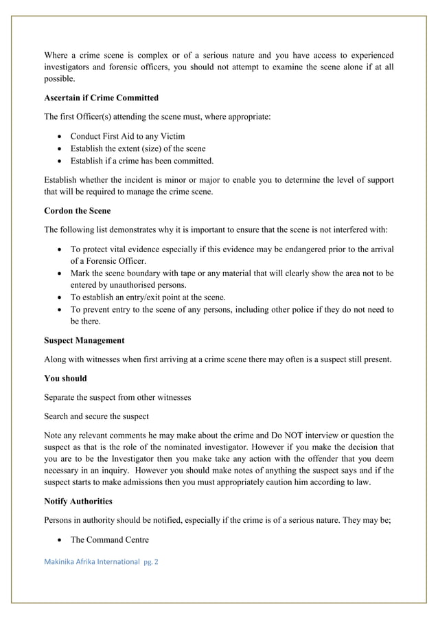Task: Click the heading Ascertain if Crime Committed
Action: click(x=101, y=98)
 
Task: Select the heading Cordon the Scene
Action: click(x=77, y=211)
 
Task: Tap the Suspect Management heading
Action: click(x=84, y=340)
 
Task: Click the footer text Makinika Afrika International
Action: click(x=92, y=561)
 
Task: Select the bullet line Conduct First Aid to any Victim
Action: click(x=128, y=136)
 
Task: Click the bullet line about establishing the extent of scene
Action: click(x=137, y=148)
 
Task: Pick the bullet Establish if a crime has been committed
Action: click(x=141, y=161)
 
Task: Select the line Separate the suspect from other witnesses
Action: click(x=117, y=397)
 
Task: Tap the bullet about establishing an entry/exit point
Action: click(x=148, y=297)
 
